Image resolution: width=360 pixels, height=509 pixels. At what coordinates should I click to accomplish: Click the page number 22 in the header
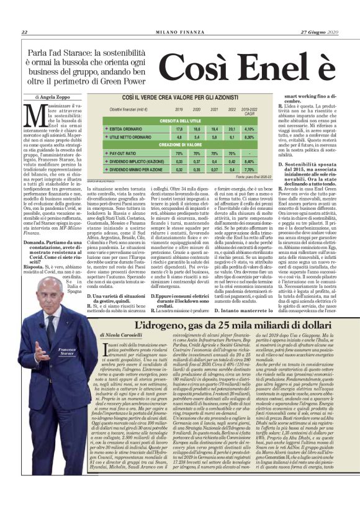24,33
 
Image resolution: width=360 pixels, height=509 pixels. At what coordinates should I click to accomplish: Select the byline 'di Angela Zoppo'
53,98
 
